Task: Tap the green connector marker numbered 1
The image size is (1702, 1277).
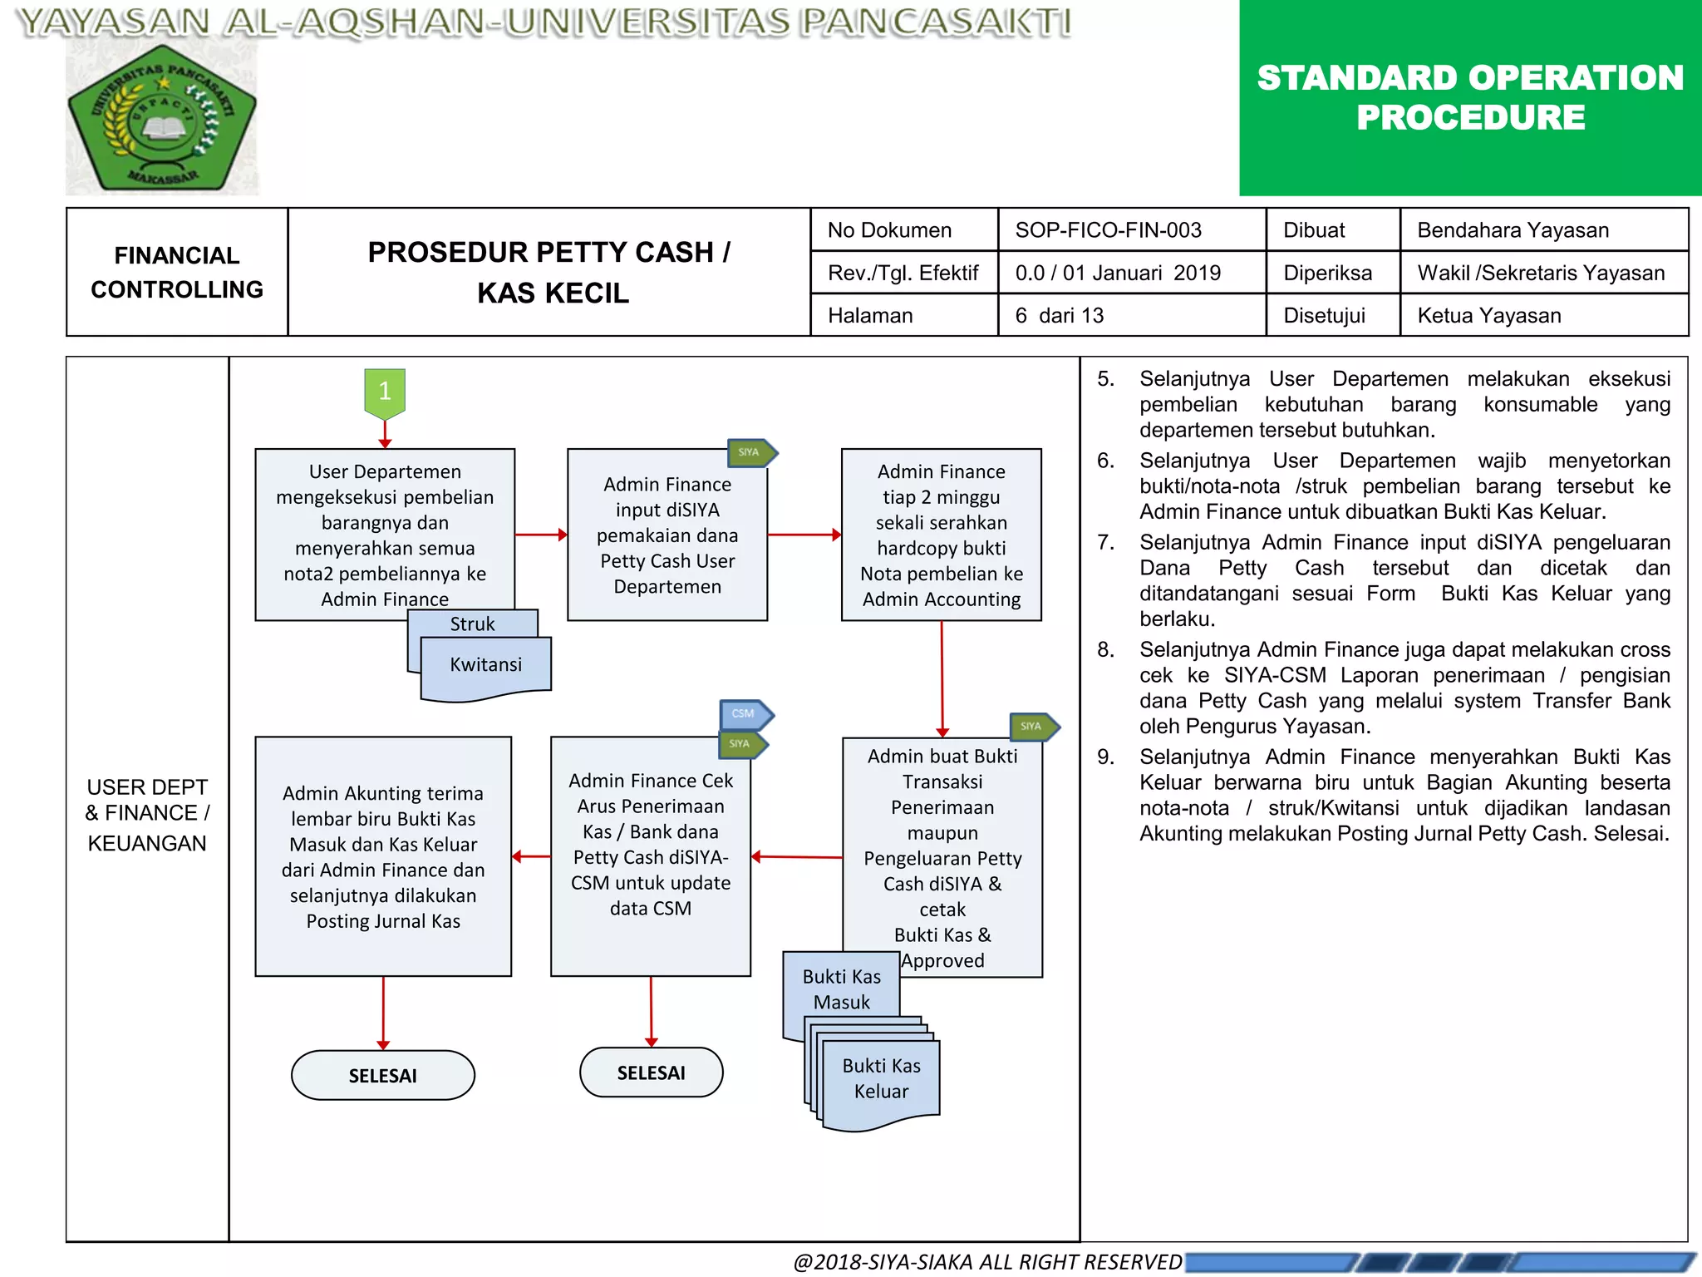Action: click(x=385, y=392)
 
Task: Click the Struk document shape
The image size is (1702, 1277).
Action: click(x=472, y=624)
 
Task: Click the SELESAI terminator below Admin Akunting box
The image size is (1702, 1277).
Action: click(x=382, y=1075)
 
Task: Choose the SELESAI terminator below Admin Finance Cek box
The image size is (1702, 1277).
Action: click(x=651, y=1072)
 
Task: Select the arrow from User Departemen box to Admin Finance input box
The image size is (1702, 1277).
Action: click(x=541, y=535)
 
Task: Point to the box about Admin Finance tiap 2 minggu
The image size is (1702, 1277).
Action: click(x=941, y=535)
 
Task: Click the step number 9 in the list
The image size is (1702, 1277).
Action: click(x=1105, y=757)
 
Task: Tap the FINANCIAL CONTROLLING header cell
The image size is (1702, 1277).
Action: click(x=177, y=272)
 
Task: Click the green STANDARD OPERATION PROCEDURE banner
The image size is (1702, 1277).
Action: click(x=1470, y=98)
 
